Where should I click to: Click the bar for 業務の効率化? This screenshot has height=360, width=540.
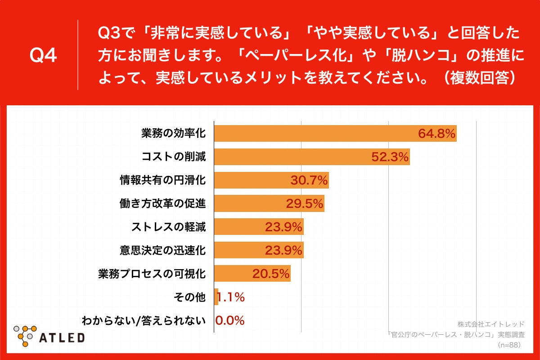tap(335, 134)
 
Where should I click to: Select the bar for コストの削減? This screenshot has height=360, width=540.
tap(311, 157)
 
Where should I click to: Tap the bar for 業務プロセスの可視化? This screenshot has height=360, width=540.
tap(252, 274)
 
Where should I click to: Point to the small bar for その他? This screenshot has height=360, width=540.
tap(216, 297)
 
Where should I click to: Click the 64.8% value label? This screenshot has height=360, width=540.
tap(437, 134)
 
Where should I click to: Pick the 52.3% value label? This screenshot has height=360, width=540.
tap(390, 157)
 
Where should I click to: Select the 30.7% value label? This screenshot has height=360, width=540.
tap(309, 180)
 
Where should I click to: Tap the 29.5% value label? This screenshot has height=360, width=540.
tap(305, 204)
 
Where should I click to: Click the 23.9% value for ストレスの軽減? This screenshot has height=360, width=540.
tap(283, 227)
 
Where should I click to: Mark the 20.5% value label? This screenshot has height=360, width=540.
tap(270, 274)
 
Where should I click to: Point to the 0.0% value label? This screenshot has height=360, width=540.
tap(229, 320)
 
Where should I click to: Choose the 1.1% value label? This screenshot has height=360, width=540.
tap(231, 297)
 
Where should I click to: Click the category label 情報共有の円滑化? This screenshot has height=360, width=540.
tap(162, 180)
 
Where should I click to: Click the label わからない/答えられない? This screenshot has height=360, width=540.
tap(144, 320)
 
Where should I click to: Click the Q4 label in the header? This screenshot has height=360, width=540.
tap(43, 55)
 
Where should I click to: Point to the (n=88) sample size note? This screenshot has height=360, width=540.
tap(509, 345)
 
